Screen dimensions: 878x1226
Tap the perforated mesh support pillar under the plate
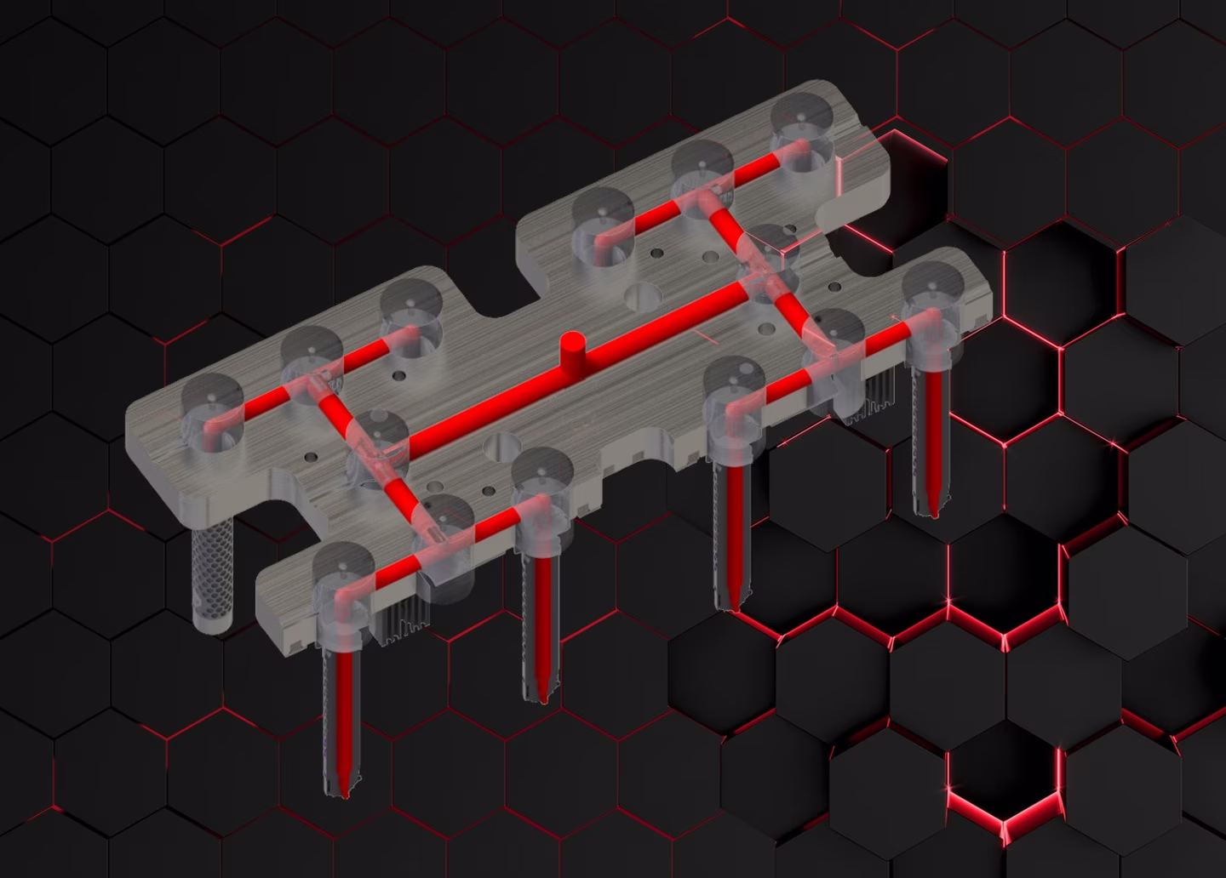coord(213,573)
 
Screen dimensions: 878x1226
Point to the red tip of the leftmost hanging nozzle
coord(343,791)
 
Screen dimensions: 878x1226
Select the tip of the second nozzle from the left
coord(541,698)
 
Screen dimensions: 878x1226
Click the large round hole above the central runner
coord(643,295)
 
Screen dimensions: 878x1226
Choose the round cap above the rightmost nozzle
coord(934,288)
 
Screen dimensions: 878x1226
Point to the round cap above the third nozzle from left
coord(735,383)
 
